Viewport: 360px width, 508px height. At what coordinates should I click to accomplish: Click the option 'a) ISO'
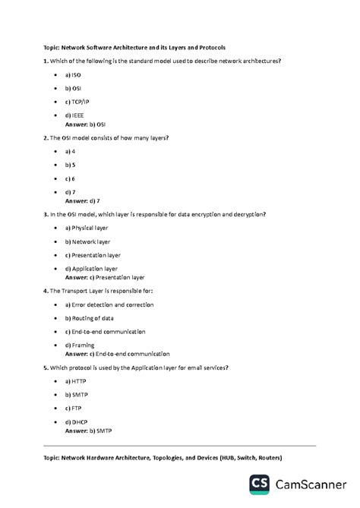click(x=73, y=76)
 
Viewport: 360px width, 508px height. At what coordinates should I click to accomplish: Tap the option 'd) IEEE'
click(x=74, y=115)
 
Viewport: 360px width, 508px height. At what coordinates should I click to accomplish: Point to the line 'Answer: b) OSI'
click(x=85, y=123)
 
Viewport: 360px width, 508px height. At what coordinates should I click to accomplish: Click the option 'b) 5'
click(x=71, y=164)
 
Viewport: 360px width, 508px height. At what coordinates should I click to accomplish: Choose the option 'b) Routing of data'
click(x=92, y=318)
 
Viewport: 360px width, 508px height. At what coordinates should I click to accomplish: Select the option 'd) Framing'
click(x=80, y=346)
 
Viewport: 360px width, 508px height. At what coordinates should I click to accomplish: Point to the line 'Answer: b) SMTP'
click(x=88, y=431)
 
